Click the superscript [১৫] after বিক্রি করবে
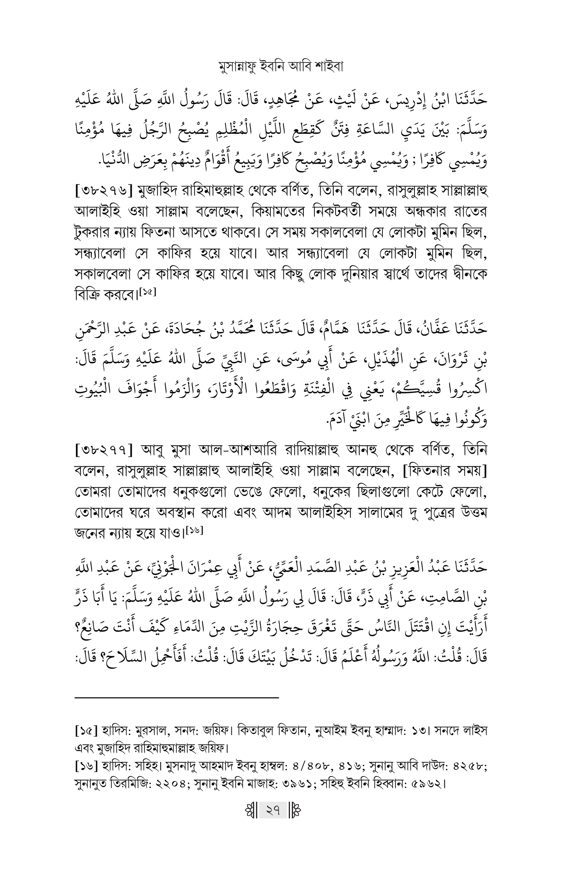pos(149,292)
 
